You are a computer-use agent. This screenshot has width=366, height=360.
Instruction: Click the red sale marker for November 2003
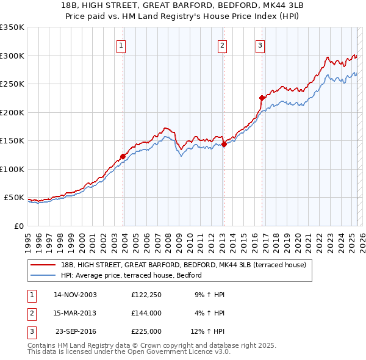click(123, 156)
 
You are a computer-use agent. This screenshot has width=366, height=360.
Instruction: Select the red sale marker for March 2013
click(224, 144)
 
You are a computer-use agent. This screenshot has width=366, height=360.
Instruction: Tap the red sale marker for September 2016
click(262, 98)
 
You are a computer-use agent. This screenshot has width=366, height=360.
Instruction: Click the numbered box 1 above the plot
click(121, 45)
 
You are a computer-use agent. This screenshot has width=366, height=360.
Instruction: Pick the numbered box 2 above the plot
click(223, 45)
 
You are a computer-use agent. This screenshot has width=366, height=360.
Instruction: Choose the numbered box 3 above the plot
click(260, 45)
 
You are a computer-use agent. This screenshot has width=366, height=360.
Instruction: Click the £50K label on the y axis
click(14, 198)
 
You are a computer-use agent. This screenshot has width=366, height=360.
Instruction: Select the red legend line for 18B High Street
click(44, 265)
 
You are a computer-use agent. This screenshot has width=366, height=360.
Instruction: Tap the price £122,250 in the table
click(146, 295)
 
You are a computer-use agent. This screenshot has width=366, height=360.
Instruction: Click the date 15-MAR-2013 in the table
click(75, 313)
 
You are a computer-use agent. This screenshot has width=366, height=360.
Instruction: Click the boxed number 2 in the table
click(30, 313)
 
